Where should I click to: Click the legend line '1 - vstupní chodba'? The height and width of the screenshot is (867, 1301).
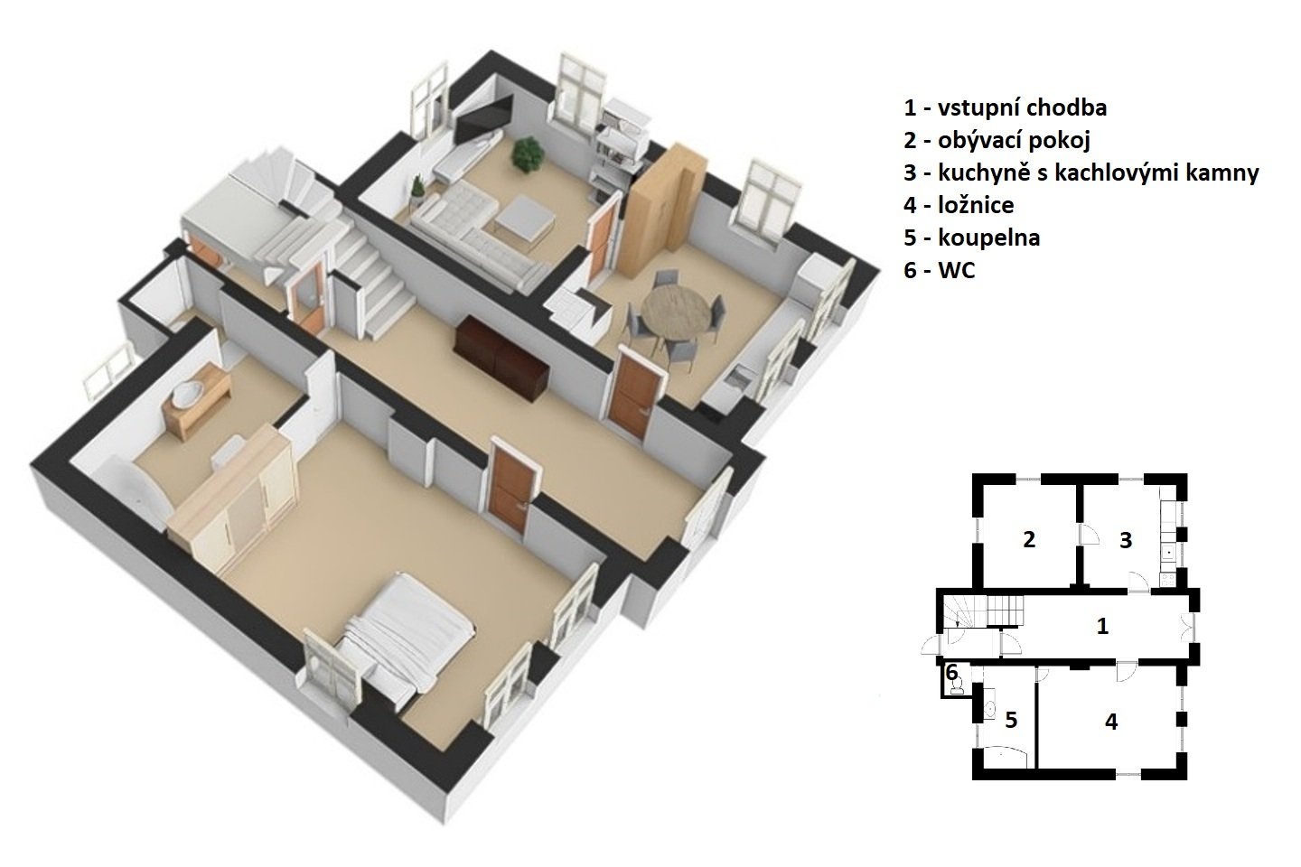(1005, 108)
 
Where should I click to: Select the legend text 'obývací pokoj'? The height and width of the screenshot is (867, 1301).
(1014, 141)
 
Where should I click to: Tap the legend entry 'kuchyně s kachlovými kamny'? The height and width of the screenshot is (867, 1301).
(1099, 173)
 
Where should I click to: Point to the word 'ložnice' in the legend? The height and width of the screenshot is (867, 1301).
(976, 205)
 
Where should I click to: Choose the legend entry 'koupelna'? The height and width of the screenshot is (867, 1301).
(988, 238)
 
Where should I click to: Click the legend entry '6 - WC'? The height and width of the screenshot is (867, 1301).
(940, 271)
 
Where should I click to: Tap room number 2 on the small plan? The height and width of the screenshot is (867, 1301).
(1028, 540)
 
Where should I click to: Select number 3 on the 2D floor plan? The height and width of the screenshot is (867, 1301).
(1126, 541)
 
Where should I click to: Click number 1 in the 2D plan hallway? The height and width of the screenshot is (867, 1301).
(1102, 626)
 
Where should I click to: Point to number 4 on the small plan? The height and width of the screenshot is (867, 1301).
(1111, 722)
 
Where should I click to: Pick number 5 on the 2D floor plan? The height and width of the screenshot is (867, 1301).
(1011, 721)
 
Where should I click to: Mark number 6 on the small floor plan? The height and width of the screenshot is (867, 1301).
(951, 673)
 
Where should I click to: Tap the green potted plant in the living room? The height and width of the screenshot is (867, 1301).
(528, 154)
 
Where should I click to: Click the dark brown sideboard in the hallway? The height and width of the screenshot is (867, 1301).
(501, 359)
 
